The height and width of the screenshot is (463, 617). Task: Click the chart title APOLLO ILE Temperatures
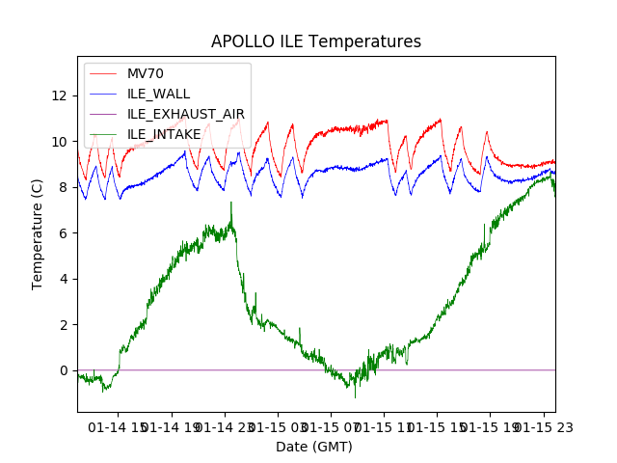coord(316,42)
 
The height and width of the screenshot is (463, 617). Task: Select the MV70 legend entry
coord(146,74)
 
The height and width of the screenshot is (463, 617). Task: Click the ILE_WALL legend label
coord(158,95)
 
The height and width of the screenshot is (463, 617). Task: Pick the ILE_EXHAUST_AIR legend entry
coord(185,114)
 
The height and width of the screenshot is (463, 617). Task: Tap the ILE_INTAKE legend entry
coord(164,134)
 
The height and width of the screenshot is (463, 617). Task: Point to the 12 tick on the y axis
coord(60,95)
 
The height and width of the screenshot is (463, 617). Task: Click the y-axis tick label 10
coord(60,141)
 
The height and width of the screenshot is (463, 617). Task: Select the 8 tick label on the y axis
coord(64,187)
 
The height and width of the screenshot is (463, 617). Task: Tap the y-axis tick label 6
coord(64,232)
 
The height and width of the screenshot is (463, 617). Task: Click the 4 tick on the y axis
coord(64,279)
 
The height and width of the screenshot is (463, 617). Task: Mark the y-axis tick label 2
coord(64,324)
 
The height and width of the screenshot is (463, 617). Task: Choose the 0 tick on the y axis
coord(64,370)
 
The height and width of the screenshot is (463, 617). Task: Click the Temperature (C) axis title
coord(38,233)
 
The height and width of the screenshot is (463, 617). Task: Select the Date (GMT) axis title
coord(314,447)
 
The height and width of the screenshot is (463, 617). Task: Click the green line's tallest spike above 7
coord(231,203)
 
